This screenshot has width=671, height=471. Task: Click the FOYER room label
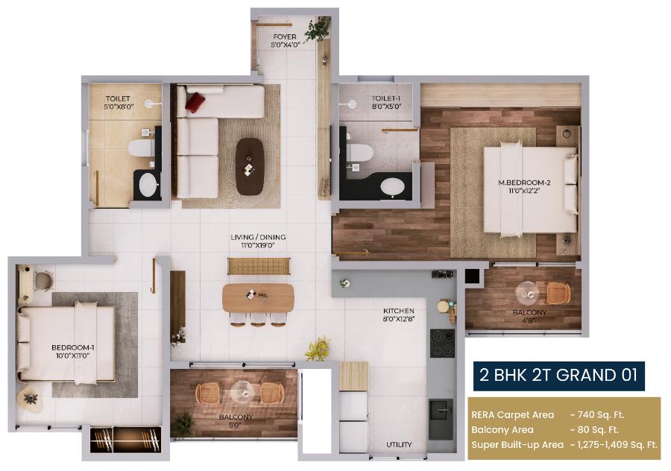coord(284,40)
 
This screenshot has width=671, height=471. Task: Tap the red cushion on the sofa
coord(195,101)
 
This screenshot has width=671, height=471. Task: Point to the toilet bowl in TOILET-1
coord(361,153)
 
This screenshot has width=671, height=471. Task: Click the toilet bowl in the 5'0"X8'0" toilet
coord(140,148)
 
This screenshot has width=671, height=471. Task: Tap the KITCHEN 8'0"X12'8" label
coord(400,314)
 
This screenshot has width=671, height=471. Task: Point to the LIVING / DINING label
coord(258,241)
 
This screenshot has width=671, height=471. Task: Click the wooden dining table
coord(258,297)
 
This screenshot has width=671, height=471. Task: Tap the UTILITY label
coord(399,445)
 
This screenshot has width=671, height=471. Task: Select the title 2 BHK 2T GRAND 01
coord(558,376)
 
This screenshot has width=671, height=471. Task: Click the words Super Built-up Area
coord(517,445)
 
